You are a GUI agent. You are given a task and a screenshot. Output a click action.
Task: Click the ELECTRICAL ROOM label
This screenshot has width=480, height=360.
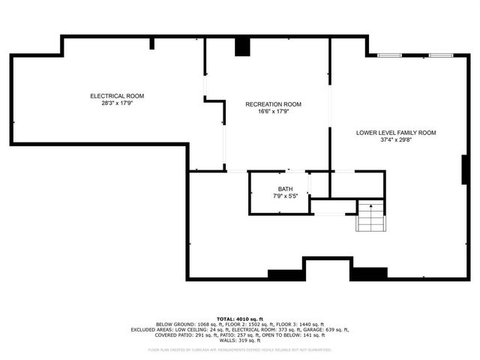coord(117,96)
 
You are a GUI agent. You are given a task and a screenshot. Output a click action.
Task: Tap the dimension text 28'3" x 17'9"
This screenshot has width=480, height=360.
coord(117,103)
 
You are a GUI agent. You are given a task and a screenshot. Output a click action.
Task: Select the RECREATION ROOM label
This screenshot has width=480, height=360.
coord(274,104)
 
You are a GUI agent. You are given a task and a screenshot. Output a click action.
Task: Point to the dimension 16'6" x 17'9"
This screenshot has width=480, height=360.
coord(274,112)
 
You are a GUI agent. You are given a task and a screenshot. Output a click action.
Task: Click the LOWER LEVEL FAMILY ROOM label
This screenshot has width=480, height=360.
coord(396,133)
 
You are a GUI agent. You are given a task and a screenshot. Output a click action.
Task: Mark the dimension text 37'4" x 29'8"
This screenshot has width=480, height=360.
coord(396,140)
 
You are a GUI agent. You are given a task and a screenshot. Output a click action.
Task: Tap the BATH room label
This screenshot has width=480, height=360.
coord(285,189)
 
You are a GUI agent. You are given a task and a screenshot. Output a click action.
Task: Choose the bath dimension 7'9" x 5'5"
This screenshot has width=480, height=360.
coord(285,196)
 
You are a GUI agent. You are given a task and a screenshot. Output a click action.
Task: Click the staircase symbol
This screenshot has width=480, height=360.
coord(370,218)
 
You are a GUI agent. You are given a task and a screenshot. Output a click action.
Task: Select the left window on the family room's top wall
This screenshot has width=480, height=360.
coord(388,55)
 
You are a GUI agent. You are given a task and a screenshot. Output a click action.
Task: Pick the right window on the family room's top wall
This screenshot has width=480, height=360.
coord(439,55)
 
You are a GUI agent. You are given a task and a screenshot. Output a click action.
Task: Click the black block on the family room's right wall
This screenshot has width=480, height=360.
coord(465,169)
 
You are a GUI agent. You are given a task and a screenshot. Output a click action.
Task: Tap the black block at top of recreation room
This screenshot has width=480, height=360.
coord(242,46)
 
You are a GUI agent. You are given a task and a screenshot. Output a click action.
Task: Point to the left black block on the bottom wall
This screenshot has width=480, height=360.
coord(286,275)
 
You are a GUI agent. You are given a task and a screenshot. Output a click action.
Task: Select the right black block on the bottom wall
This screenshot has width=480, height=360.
coord(368,275)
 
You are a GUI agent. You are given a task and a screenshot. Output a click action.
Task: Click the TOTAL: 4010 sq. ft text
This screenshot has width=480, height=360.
coord(240,318)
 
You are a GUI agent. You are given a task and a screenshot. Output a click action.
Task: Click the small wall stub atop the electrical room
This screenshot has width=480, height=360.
coord(152,43)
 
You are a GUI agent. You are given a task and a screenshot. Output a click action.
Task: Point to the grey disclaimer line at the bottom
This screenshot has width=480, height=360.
coord(240,349)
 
